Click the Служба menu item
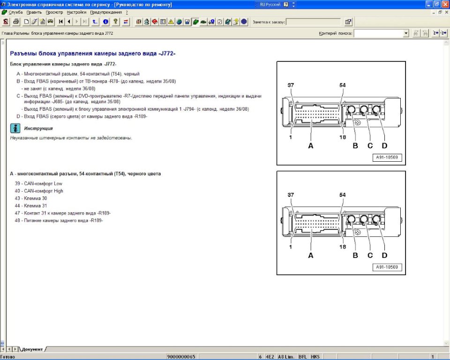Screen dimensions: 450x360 click(15, 12)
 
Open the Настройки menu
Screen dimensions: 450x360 click(76, 12)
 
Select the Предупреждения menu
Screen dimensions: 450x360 click(106, 12)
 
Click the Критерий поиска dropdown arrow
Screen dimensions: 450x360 click(406, 33)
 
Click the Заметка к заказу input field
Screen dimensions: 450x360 click(313, 22)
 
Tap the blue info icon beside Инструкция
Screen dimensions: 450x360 click(15, 128)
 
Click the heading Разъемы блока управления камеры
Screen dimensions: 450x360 click(92, 53)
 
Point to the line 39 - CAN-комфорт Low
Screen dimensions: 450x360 click(38, 183)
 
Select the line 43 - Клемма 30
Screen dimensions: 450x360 click(31, 198)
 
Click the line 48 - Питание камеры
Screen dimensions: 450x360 click(59, 220)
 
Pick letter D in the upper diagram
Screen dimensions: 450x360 click(384, 146)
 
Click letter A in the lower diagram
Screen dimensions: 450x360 click(310, 255)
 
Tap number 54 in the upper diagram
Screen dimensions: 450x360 click(342, 85)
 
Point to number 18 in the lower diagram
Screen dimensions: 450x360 click(343, 247)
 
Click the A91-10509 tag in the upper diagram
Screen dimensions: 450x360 click(387, 157)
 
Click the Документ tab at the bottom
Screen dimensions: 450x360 click(32, 349)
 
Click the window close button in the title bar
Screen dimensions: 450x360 click(445, 4)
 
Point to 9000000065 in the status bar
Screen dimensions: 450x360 click(181, 357)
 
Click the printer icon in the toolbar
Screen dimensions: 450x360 click(16, 22)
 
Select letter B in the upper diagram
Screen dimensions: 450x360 click(355, 146)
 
